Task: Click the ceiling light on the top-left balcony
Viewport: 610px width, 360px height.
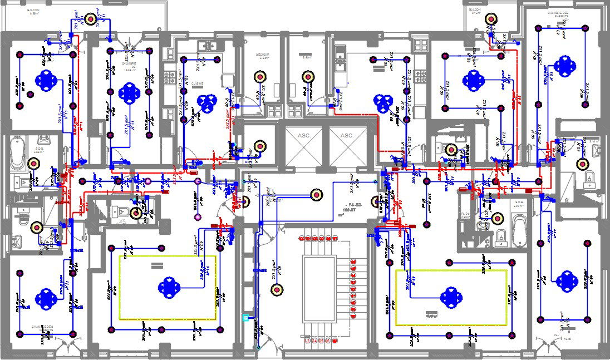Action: pyautogui.click(x=90, y=19)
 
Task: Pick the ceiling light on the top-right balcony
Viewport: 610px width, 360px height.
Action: pyautogui.click(x=491, y=19)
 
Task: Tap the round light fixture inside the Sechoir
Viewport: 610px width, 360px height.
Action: pyautogui.click(x=259, y=77)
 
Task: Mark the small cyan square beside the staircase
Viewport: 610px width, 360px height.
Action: pyautogui.click(x=245, y=318)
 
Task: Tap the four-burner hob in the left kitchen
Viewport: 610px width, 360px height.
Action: pyautogui.click(x=169, y=72)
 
